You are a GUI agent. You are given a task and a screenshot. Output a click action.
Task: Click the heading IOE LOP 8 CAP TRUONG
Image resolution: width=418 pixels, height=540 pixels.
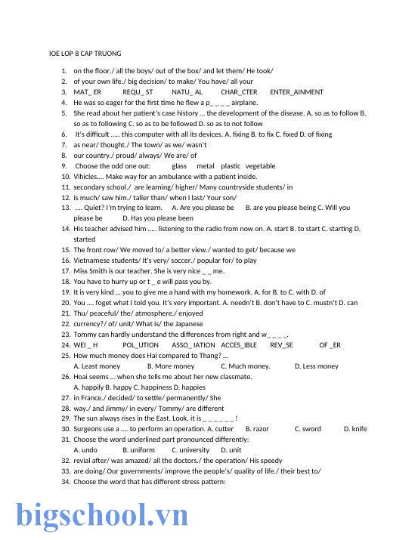(85, 54)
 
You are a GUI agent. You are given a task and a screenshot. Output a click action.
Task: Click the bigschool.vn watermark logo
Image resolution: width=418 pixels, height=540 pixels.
(103, 514)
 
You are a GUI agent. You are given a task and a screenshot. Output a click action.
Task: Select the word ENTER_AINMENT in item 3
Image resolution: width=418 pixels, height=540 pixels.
(296, 92)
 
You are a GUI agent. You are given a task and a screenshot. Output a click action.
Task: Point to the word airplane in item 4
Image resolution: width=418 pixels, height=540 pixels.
(244, 102)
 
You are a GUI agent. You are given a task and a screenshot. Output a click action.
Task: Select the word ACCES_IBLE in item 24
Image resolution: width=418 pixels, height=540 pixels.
(239, 344)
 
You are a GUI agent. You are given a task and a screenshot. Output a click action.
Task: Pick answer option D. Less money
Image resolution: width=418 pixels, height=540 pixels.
(316, 366)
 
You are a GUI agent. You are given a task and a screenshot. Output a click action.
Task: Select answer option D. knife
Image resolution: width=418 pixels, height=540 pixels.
(355, 428)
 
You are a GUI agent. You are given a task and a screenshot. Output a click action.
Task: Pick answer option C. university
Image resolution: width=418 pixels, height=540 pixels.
(190, 449)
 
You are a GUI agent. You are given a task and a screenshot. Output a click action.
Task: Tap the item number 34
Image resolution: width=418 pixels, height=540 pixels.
(66, 481)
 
